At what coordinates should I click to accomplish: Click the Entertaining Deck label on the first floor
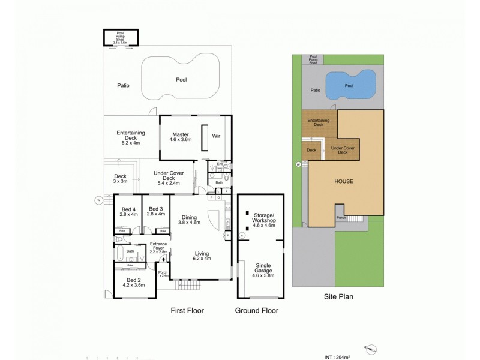click(x=127, y=138)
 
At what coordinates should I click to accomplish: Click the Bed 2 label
click(x=133, y=283)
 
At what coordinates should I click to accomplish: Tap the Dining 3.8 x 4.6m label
click(x=189, y=220)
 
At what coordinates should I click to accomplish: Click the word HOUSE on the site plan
click(x=343, y=181)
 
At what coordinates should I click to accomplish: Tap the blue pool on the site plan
click(x=350, y=85)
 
